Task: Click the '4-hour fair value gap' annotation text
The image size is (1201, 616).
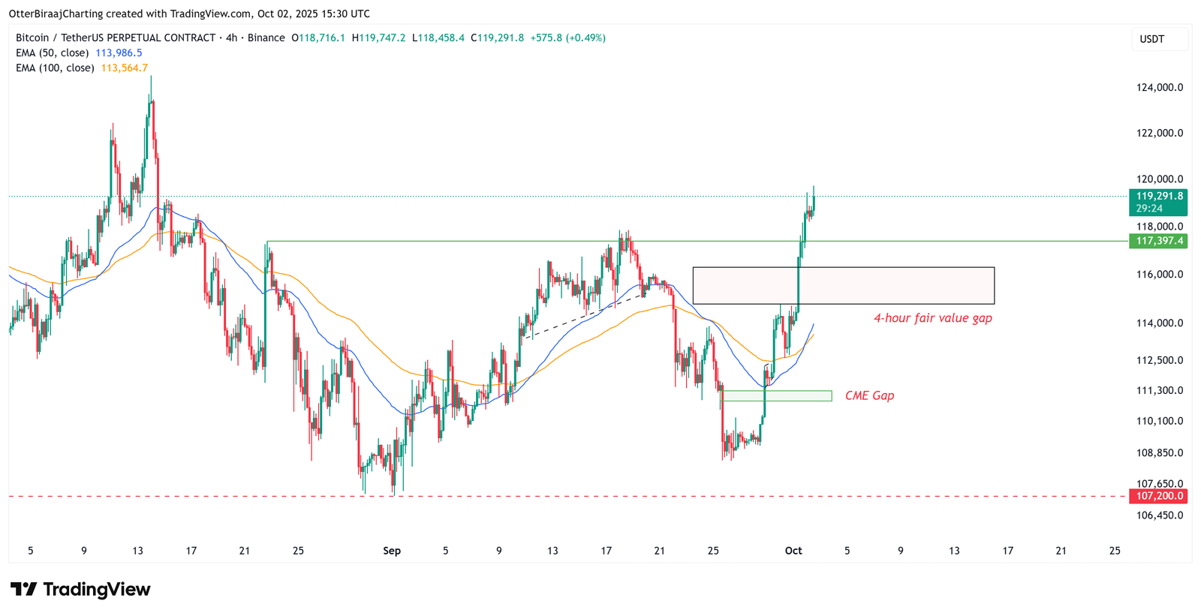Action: tap(932, 318)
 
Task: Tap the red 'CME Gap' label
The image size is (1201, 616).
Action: tap(869, 395)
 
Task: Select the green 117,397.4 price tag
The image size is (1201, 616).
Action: tap(1159, 241)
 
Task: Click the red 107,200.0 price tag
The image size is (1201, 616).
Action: tap(1159, 496)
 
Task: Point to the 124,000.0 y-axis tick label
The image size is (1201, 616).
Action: tap(1159, 87)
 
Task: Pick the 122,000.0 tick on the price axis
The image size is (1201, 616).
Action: tap(1159, 133)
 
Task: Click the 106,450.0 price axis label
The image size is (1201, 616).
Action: tap(1159, 515)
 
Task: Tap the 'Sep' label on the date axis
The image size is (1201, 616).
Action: tap(392, 551)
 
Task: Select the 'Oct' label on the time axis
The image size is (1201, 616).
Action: tap(793, 551)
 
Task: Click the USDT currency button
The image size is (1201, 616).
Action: tap(1151, 39)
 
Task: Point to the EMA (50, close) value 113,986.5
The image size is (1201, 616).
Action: tap(119, 53)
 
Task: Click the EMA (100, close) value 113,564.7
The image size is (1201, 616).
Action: tap(124, 68)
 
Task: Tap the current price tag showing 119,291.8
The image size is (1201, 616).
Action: tap(1159, 197)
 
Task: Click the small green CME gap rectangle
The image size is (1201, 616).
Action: tap(777, 395)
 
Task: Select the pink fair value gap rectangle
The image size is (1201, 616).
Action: tap(843, 285)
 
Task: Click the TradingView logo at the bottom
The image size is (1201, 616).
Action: tap(80, 589)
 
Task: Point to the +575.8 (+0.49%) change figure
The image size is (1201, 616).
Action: tap(567, 38)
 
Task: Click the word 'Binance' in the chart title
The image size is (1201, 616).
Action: tap(266, 38)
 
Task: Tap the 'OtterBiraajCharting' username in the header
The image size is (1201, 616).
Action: tap(57, 14)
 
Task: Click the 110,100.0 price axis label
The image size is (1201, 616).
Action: tap(1159, 421)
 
